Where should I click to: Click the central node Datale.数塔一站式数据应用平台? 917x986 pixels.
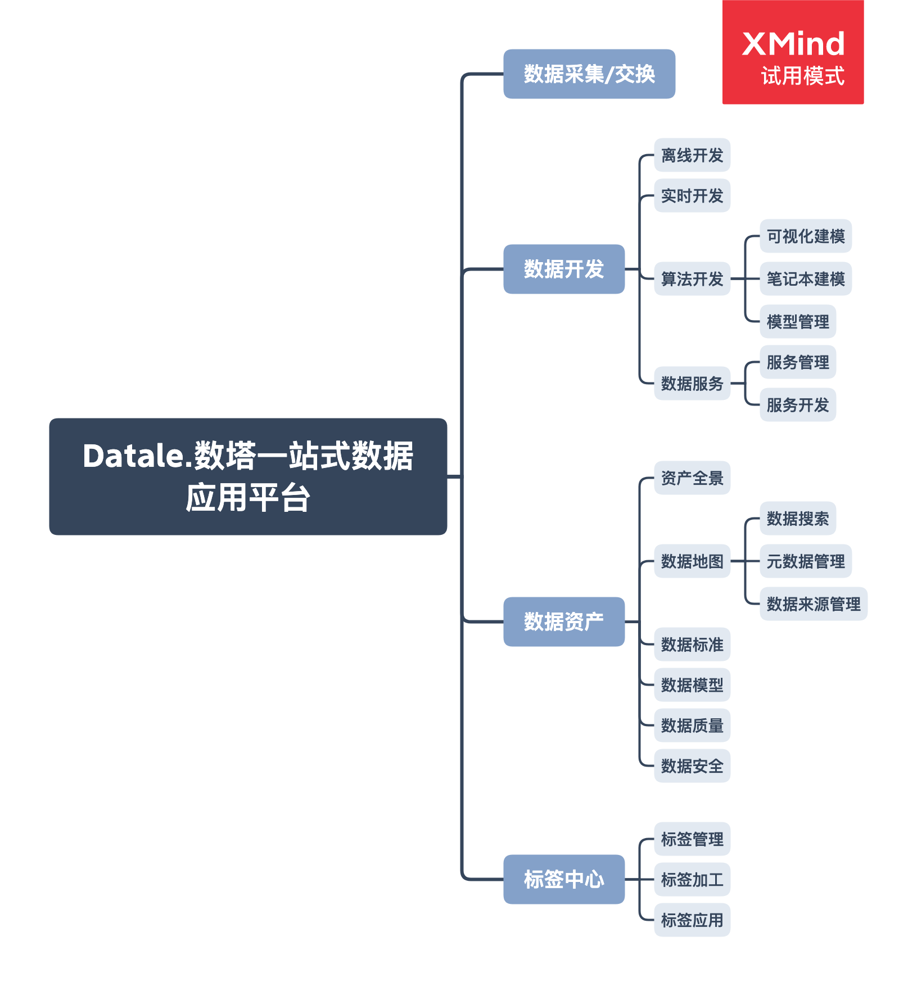coord(248,476)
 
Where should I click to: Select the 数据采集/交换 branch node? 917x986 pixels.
coord(589,74)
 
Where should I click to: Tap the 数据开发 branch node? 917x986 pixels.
coord(564,269)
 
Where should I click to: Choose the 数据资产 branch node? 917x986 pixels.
coord(564,622)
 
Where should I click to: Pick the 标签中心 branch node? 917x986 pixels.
coord(564,879)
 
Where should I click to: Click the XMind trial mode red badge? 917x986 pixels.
coord(793,52)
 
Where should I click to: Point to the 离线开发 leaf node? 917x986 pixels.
coord(692,155)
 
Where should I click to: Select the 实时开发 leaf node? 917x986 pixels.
coord(692,196)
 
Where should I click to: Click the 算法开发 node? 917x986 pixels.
coord(692,279)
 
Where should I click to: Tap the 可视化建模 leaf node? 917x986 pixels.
coord(806,236)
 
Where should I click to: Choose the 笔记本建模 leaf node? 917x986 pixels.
coord(806,279)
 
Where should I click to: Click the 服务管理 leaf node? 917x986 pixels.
coord(798,362)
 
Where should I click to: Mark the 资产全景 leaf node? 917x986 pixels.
coord(692,478)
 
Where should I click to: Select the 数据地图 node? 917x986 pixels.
coord(692,561)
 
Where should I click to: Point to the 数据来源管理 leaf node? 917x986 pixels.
coord(814,604)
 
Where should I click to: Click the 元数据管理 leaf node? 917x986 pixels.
coord(806,561)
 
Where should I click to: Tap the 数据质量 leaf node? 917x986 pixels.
coord(692,726)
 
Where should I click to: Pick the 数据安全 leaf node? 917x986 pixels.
coord(692,766)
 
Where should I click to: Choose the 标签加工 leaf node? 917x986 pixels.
coord(692,880)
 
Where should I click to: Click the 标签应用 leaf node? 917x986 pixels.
coord(692,920)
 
